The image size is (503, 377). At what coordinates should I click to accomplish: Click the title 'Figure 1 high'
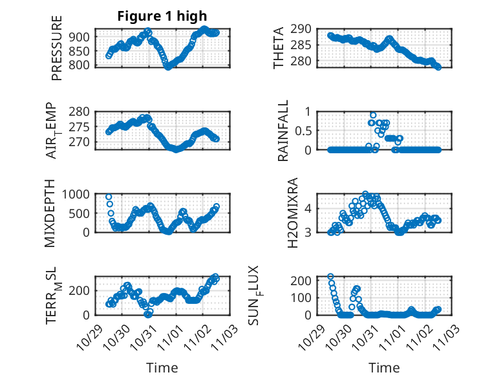[x=162, y=17]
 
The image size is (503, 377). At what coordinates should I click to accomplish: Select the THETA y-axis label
[x=279, y=48]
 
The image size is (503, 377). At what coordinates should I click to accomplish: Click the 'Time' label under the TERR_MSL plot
[x=162, y=368]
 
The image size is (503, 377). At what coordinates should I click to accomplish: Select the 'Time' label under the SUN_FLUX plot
[x=384, y=368]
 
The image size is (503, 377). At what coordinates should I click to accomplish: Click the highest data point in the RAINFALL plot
[x=373, y=115]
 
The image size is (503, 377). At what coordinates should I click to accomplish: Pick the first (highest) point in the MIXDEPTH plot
[x=109, y=197]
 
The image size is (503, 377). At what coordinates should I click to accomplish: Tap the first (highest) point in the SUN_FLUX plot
[x=330, y=277]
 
